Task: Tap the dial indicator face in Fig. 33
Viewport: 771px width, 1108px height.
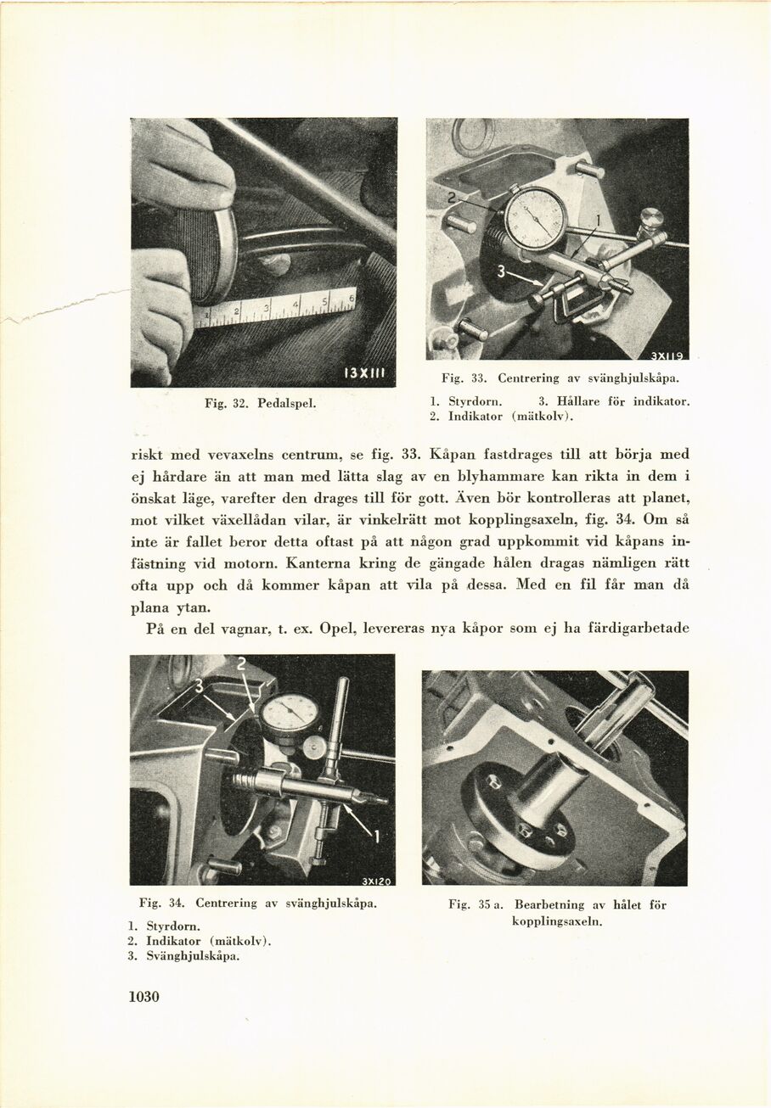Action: [534, 217]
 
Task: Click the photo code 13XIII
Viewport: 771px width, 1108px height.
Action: [367, 373]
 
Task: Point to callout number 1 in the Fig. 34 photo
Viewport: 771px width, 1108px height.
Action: [377, 838]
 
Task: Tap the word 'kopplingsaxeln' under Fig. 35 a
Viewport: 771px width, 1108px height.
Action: [556, 921]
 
